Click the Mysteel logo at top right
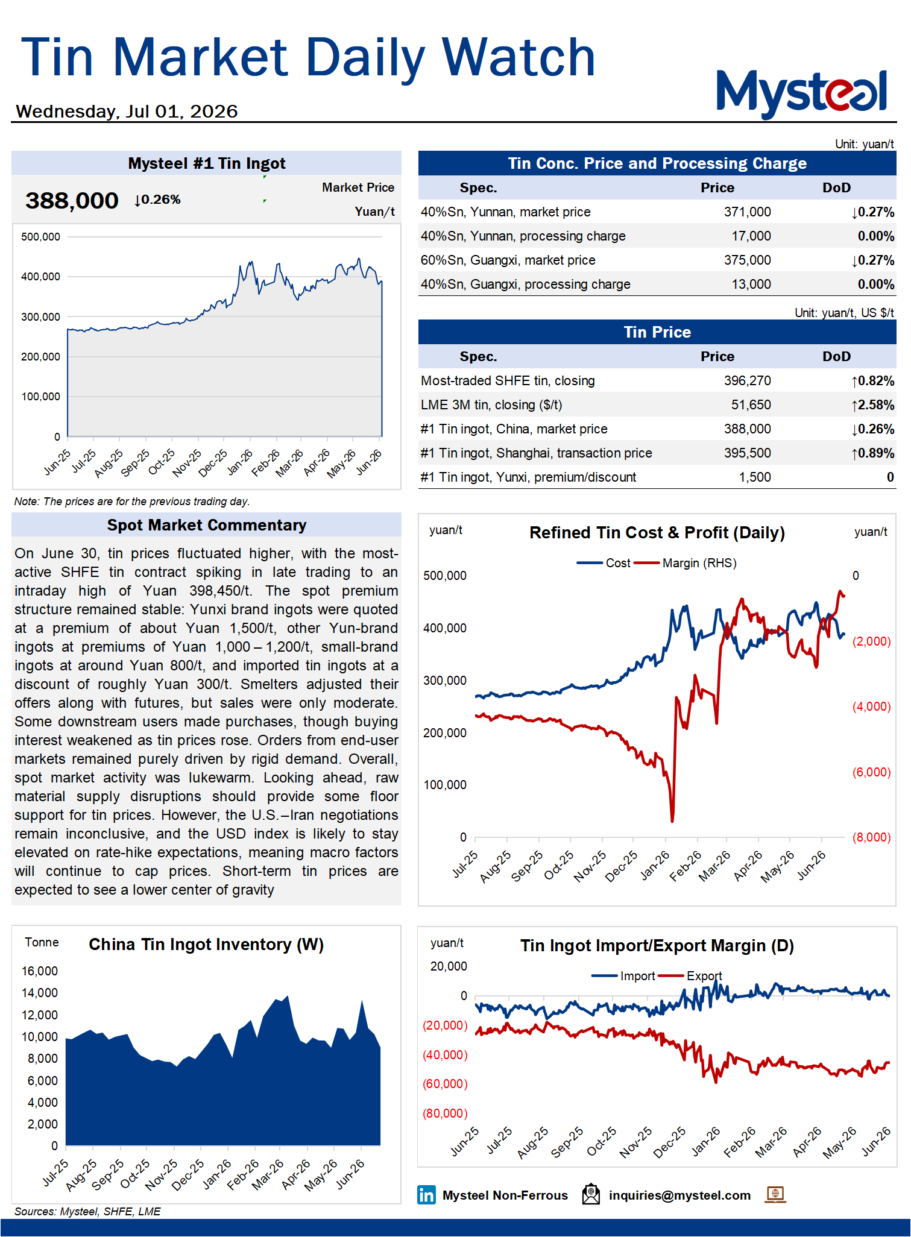pyautogui.click(x=802, y=94)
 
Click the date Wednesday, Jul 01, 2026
pyautogui.click(x=127, y=112)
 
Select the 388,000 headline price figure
pyautogui.click(x=72, y=200)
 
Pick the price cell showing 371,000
pyautogui.click(x=747, y=212)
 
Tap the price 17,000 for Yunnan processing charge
pyautogui.click(x=751, y=236)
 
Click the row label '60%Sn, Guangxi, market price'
pyautogui.click(x=508, y=260)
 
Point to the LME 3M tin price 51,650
pyautogui.click(x=751, y=405)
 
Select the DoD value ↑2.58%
pyautogui.click(x=872, y=405)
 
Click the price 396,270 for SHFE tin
pyautogui.click(x=747, y=381)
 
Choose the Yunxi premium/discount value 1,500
pyautogui.click(x=755, y=477)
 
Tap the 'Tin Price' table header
pyautogui.click(x=657, y=332)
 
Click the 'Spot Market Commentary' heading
pyautogui.click(x=207, y=525)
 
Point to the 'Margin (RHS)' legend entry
pyautogui.click(x=699, y=563)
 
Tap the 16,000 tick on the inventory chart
pyautogui.click(x=40, y=971)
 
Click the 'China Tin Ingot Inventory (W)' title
pyautogui.click(x=206, y=944)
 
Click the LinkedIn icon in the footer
pyautogui.click(x=426, y=1195)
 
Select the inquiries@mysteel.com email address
pyautogui.click(x=679, y=1195)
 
